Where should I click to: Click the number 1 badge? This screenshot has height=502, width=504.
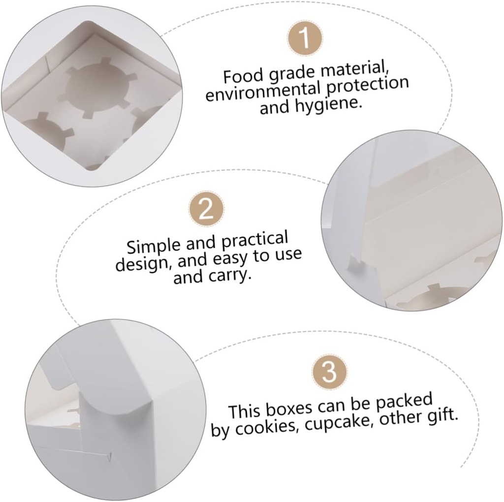(x=305, y=39)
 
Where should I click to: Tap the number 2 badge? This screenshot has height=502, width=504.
(x=206, y=209)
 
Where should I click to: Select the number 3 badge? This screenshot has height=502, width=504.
(x=330, y=371)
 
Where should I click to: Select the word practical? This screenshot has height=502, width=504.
(x=254, y=239)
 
